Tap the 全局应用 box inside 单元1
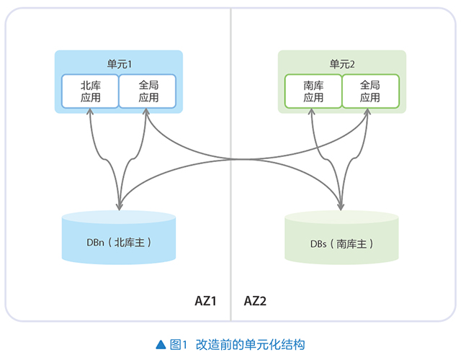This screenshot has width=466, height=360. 148,91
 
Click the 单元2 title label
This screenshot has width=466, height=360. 342,64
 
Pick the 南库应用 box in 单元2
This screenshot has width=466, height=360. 313,91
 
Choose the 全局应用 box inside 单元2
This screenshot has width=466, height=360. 370,91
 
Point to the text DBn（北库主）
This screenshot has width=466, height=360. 119,243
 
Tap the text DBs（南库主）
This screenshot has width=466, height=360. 341,244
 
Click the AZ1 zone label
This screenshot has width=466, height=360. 206,300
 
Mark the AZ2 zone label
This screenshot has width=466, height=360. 256,300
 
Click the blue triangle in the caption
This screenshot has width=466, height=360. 161,344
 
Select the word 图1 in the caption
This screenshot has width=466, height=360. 179,344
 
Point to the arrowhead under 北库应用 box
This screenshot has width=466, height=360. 91,114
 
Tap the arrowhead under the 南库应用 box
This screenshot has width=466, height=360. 313,114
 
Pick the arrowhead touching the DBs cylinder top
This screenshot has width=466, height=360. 341,207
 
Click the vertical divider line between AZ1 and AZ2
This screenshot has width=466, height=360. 230,180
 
